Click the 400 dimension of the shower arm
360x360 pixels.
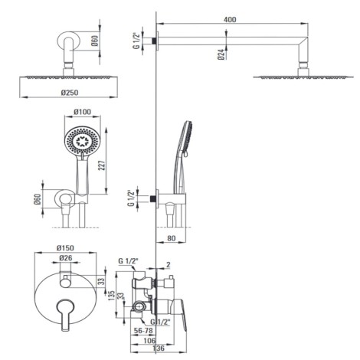coord(230,19)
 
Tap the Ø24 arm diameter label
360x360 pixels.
coord(222,54)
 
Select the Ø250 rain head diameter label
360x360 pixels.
coord(70,93)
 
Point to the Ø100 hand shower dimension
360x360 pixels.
coord(82,112)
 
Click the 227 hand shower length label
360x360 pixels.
coord(101,165)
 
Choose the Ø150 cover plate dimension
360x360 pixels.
coord(65,247)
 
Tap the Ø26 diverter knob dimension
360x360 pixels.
coord(66,258)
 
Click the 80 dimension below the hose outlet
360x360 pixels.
coord(171,238)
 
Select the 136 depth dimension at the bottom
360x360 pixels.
coord(159,348)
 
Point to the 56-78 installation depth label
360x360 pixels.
coord(143,331)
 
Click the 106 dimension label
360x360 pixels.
coord(149,340)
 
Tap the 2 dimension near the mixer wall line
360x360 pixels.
coord(168,265)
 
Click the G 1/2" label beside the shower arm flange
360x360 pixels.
coord(137,41)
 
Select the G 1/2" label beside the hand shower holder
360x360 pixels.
coord(131,198)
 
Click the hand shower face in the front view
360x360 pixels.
coord(82,141)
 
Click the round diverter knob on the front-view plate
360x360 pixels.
coord(65,283)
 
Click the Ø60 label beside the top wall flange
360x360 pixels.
coord(94,41)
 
